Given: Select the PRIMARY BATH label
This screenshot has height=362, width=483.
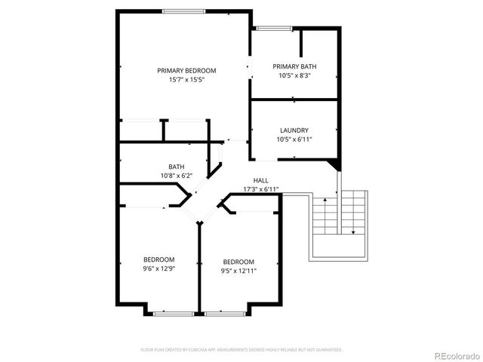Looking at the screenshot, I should click(294, 66).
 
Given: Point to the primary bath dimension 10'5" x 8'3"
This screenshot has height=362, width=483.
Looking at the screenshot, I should click(294, 75).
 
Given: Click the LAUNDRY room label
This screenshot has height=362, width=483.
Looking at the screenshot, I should click(294, 130).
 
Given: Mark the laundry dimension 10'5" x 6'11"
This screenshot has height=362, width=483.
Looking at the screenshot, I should click(294, 139).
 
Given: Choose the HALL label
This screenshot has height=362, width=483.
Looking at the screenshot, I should click(261, 180).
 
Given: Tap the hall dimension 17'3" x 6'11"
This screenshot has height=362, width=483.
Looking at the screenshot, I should click(261, 189).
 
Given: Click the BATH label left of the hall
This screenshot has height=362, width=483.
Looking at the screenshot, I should click(177, 167).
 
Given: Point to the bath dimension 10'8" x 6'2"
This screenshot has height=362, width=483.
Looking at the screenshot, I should click(177, 176).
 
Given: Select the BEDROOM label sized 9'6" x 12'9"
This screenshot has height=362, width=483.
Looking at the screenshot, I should click(159, 259).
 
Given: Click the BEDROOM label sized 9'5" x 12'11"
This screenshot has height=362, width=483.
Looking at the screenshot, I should click(238, 262).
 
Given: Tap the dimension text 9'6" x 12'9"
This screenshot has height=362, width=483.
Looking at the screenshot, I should click(159, 268).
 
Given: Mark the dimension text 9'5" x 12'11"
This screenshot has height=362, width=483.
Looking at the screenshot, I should click(238, 271).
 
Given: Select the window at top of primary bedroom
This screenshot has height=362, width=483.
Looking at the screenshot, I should click(183, 11).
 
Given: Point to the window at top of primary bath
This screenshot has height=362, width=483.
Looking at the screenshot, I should click(267, 29).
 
